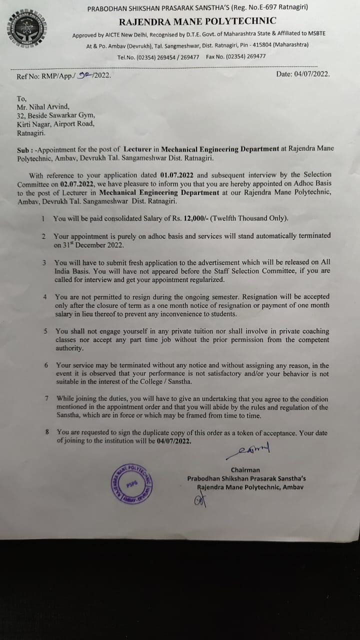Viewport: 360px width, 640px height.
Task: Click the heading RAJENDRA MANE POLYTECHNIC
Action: pyautogui.click(x=197, y=21)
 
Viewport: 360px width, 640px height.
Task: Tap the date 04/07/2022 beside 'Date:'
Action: pyautogui.click(x=312, y=74)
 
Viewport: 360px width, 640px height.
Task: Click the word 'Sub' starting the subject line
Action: pyautogui.click(x=23, y=149)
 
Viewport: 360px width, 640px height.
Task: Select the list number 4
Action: pyautogui.click(x=44, y=297)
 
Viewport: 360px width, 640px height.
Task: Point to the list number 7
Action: pyautogui.click(x=46, y=399)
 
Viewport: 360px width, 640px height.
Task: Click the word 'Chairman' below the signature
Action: pyautogui.click(x=245, y=469)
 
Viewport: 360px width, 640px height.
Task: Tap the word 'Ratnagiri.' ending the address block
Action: pyautogui.click(x=31, y=133)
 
